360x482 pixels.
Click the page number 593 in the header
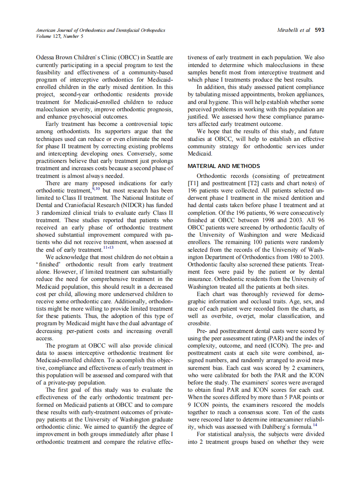pos(320,30)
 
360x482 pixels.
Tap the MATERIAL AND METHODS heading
pos(224,166)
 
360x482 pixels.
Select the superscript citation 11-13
pos(109,247)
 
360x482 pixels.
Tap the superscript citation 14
pos(315,425)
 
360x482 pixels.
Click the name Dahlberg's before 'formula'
pos(284,427)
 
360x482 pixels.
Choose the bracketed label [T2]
pos(260,183)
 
